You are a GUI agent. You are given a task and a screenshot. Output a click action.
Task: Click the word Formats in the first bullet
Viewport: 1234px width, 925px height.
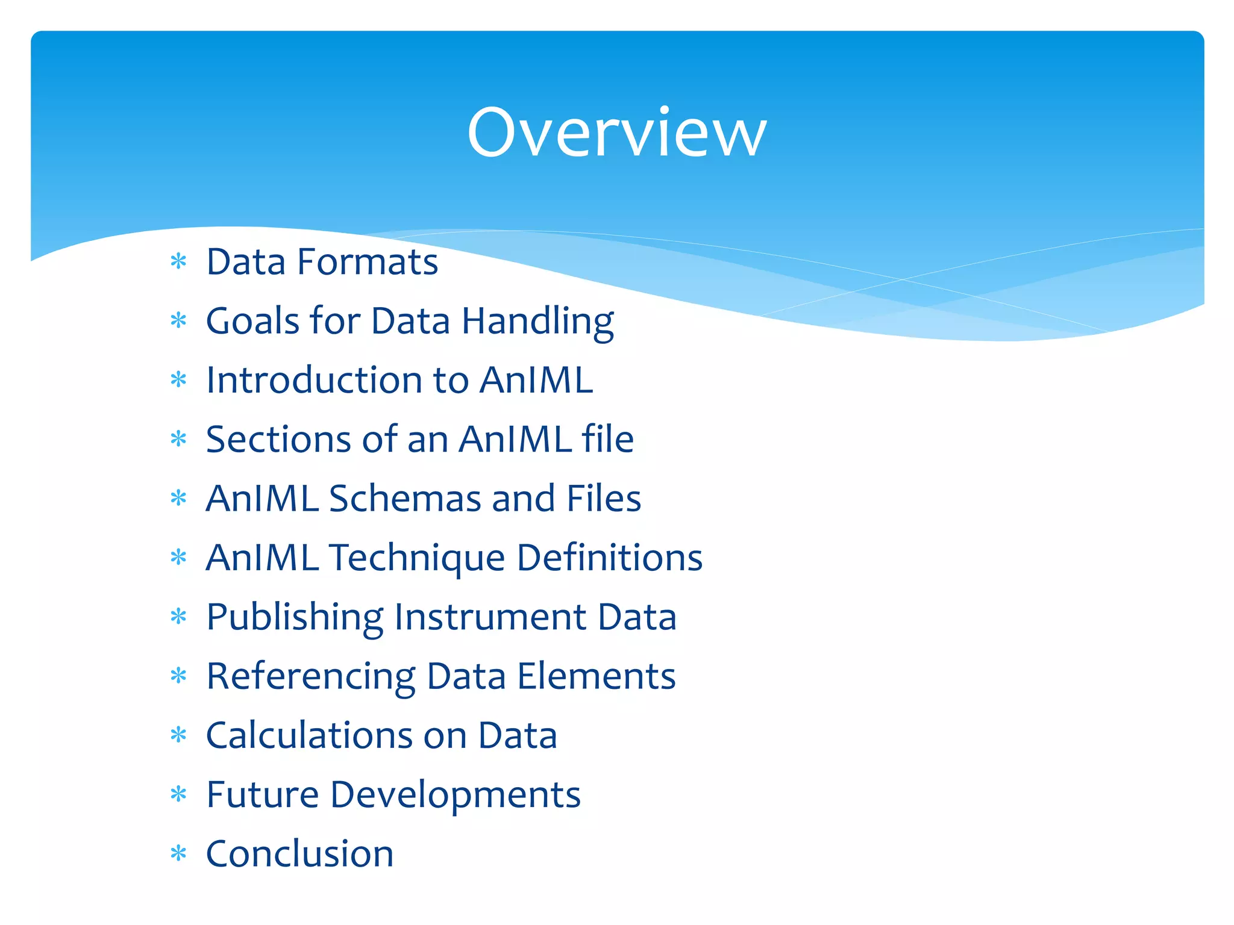368,263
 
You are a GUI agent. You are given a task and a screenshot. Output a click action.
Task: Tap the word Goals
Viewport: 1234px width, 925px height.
252,321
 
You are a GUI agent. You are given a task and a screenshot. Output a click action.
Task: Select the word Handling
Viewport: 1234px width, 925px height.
537,322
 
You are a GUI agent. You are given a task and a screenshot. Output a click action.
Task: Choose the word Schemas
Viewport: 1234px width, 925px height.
404,499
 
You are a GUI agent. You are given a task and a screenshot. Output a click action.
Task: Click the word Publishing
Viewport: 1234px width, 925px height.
295,618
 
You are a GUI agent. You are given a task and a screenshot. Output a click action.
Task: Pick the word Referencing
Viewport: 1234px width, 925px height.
310,677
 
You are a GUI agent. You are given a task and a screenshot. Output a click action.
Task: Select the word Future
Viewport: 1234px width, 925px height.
262,795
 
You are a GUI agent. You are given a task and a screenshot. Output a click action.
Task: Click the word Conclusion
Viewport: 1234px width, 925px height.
299,854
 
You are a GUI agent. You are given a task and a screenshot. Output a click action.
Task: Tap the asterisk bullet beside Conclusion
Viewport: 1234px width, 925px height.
178,853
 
